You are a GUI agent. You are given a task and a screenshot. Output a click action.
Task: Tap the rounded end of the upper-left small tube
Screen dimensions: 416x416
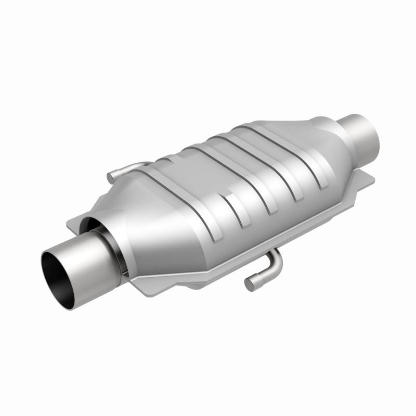(x=111, y=178)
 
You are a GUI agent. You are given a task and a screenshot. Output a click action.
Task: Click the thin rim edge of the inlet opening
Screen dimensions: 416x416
(x=44, y=265)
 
